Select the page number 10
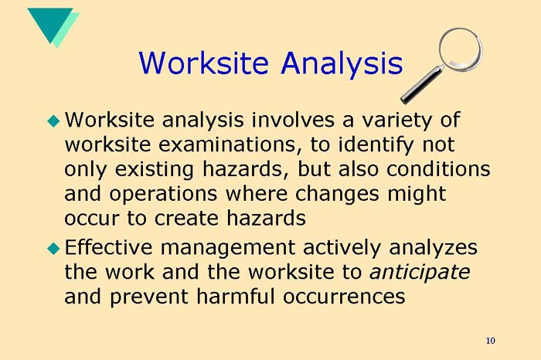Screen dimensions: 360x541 click(491, 341)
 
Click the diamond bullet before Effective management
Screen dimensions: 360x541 click(53, 248)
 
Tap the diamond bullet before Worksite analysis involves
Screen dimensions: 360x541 click(53, 120)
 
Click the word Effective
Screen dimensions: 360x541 click(111, 248)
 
